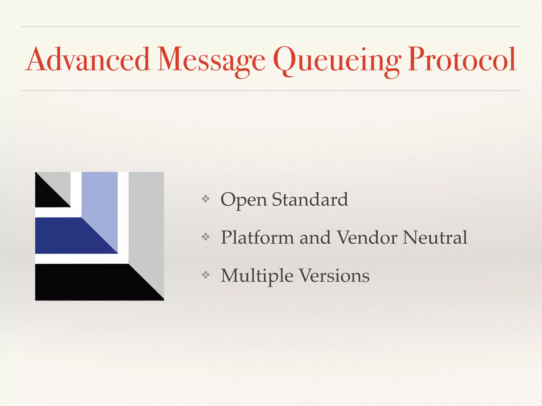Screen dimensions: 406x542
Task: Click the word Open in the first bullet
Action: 243,200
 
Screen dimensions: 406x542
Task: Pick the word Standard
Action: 310,200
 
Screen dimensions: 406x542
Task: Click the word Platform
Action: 257,237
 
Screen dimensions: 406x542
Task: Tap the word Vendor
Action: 367,237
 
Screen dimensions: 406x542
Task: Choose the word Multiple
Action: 257,276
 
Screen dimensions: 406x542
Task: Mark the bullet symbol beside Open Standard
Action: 206,199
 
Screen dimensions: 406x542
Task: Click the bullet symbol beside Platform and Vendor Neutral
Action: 206,237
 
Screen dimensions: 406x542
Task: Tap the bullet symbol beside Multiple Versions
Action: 206,275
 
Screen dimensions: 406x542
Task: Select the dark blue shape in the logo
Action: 69,237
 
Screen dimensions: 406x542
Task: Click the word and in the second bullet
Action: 315,237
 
